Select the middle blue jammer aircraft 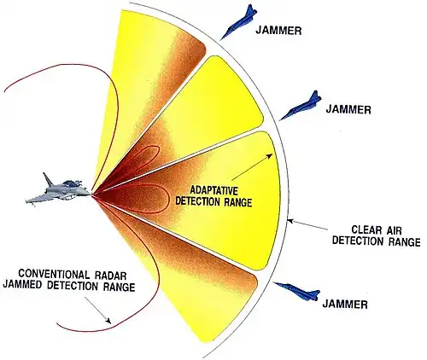coord(301,106)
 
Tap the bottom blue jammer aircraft coord(297,291)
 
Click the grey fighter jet coord(58,189)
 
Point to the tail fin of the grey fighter coord(48,179)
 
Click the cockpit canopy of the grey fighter coord(70,183)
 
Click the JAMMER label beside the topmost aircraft coord(278,30)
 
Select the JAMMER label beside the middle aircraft coord(348,109)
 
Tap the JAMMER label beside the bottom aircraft coord(345,305)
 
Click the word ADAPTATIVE coord(214,190)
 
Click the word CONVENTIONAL coord(54,275)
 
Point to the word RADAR coord(109,275)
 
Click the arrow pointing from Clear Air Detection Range coord(307,224)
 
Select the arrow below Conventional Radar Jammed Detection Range coord(98,311)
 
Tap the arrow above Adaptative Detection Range coord(253,166)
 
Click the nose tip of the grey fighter coord(91,195)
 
